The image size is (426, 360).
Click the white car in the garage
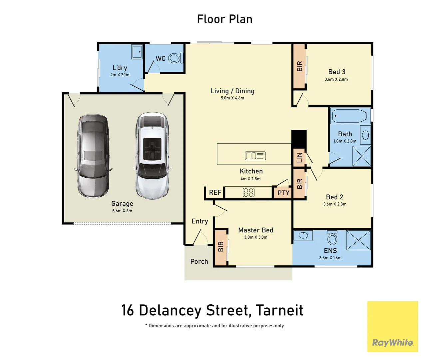coord(153,156)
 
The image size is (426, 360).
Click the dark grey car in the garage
coord(93,156)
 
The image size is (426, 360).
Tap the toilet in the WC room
coord(176,58)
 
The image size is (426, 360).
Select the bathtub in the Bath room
coord(350,116)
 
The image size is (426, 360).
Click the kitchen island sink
coord(255,156)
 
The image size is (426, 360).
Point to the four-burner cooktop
coord(248,192)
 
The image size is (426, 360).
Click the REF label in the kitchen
coord(215,192)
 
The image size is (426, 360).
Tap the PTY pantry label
coord(283,193)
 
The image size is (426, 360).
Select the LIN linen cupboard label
coord(299,157)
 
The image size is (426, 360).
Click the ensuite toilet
coord(332,237)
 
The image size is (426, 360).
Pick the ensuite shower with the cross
coord(358,240)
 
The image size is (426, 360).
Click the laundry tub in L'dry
coord(137,52)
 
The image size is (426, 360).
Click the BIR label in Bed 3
coord(299,66)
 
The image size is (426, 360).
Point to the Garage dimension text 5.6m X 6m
coord(122,211)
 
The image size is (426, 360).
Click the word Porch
coord(199,261)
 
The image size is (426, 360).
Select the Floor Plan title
coord(224,19)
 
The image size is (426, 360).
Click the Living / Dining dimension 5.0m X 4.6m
coord(232,98)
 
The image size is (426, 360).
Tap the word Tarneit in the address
coord(279,310)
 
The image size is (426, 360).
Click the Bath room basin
coord(365,135)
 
